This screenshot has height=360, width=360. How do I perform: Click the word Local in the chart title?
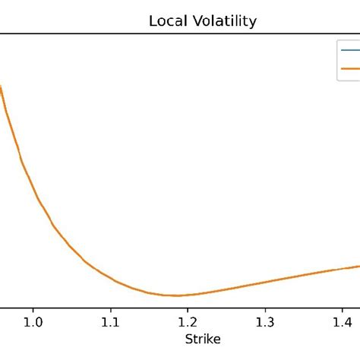165,21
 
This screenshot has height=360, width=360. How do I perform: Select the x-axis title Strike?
201,338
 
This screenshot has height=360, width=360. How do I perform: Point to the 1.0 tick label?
33,322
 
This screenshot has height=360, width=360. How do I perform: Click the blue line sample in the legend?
349,51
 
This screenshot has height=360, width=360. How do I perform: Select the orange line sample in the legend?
349,68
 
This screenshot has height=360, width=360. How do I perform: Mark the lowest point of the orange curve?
176,295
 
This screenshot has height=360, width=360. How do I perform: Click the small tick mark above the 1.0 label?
33,309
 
